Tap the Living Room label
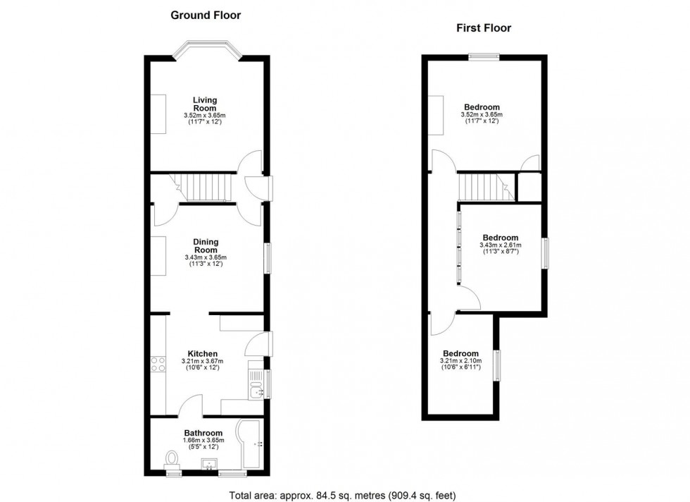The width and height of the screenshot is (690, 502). pyautogui.click(x=206, y=104)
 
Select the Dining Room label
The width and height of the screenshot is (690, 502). pyautogui.click(x=206, y=246)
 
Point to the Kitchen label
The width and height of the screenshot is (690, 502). pyautogui.click(x=202, y=354)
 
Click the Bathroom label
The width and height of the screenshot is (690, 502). pyautogui.click(x=203, y=433)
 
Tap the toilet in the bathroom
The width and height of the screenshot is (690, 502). pyautogui.click(x=172, y=460)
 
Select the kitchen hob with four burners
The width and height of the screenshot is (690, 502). pyautogui.click(x=156, y=365)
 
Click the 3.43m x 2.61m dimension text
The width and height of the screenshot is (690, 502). pyautogui.click(x=500, y=245)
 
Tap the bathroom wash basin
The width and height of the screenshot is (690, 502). pyautogui.click(x=208, y=465)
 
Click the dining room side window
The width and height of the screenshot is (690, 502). pyautogui.click(x=268, y=257)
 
